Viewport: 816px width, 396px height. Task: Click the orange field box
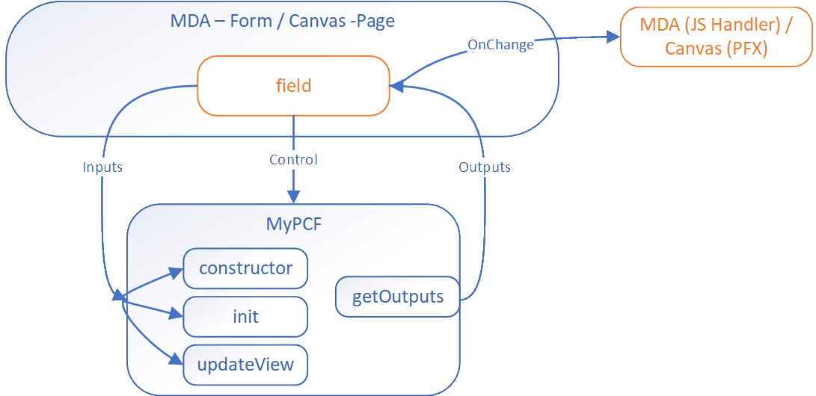(x=292, y=86)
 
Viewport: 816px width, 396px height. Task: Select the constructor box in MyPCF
(x=245, y=268)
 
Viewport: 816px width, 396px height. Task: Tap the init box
(x=245, y=316)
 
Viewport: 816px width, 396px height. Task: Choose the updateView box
(x=245, y=365)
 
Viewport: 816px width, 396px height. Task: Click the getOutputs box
(x=397, y=297)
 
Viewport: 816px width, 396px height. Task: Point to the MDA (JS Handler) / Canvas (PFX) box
(x=716, y=36)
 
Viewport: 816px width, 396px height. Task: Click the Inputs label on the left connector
(x=102, y=167)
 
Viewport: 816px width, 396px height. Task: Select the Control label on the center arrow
(x=293, y=160)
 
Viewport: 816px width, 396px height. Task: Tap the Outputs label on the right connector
(x=484, y=167)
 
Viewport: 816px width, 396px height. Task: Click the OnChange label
(x=500, y=45)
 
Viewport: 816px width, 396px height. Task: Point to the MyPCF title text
(x=293, y=223)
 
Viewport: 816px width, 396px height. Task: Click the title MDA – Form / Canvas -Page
(x=282, y=21)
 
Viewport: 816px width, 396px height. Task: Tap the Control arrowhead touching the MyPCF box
(x=293, y=197)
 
